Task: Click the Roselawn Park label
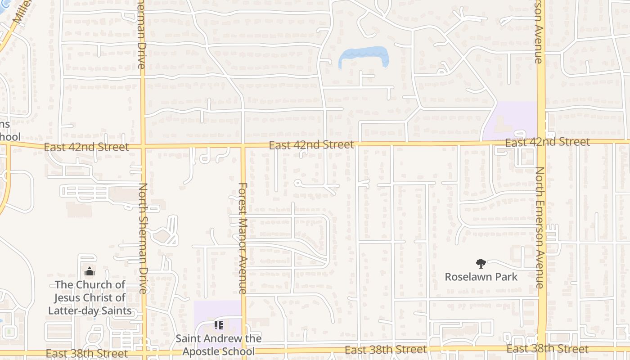tap(481, 276)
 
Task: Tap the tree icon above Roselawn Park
tap(481, 264)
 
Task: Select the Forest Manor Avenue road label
tap(243, 238)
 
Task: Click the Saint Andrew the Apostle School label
tap(218, 344)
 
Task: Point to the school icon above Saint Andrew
tap(219, 325)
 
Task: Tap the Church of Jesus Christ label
tap(90, 297)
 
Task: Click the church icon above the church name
tap(90, 271)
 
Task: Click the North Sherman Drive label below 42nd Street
tap(143, 238)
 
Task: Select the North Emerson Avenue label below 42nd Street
tap(540, 227)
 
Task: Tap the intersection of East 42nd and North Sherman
tap(143, 146)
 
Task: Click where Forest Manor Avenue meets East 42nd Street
tap(243, 145)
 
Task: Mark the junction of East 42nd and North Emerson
tap(541, 142)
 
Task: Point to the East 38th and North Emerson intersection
tap(542, 349)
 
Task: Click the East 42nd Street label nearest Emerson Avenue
tap(547, 142)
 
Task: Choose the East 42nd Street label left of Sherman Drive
tap(86, 147)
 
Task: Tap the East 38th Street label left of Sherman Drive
tap(86, 353)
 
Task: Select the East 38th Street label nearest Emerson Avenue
tap(547, 349)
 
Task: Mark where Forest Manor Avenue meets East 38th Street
tap(243, 351)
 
